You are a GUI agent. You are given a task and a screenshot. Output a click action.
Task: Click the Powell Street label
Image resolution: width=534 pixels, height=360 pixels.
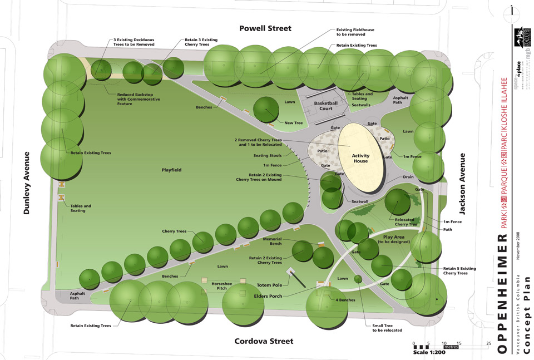pos(265,28)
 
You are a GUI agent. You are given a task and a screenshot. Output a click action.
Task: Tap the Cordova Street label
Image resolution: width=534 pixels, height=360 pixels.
pos(263,341)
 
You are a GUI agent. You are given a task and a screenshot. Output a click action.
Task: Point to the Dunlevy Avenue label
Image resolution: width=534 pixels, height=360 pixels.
pos(26,183)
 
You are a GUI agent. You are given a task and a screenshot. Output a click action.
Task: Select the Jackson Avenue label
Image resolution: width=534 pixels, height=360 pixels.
pos(462,184)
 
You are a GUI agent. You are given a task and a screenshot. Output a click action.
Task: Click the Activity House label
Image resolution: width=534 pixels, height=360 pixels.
pos(360,159)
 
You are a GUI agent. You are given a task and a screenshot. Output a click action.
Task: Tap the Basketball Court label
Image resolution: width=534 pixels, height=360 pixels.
pos(326,106)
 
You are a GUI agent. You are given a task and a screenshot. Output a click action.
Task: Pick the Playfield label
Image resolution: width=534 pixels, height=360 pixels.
pos(171,170)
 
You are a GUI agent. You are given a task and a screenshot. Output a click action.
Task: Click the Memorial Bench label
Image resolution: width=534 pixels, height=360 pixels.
pos(272,241)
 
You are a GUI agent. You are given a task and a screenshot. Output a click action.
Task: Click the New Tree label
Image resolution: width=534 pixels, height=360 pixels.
pos(293,123)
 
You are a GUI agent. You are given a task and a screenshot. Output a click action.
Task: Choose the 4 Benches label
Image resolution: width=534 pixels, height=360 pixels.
pos(346,300)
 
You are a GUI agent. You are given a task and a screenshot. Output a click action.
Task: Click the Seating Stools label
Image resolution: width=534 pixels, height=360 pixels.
pos(268,155)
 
